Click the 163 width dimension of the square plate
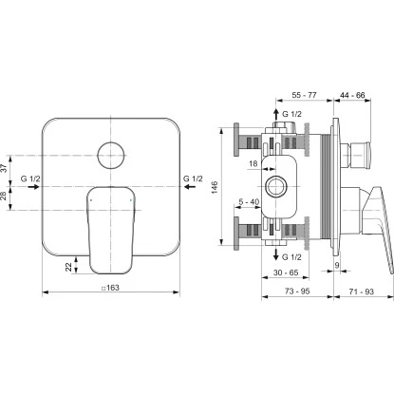[x=110, y=289]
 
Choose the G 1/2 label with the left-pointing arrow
[x=191, y=178]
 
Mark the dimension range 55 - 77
[x=304, y=97]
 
